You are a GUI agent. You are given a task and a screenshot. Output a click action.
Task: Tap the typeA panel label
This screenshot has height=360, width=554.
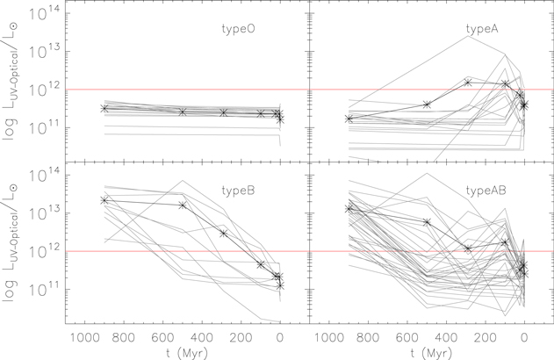tap(482, 29)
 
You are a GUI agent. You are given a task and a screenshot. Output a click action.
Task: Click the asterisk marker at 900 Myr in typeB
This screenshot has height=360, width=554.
tap(104, 200)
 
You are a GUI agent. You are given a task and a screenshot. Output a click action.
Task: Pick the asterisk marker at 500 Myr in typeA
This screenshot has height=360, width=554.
tap(427, 104)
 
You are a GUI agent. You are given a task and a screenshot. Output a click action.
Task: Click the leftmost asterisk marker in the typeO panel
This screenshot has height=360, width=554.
tap(104, 109)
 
